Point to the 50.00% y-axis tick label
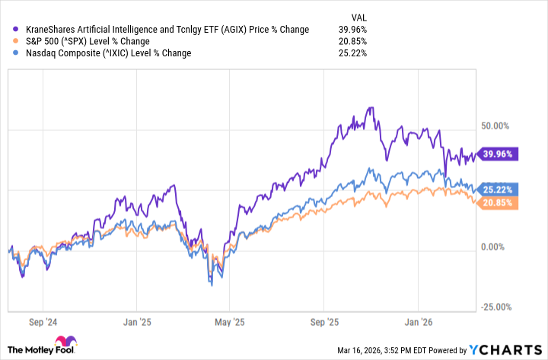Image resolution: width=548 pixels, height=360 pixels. coord(498,126)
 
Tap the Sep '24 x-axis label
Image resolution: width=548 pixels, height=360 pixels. coord(43,322)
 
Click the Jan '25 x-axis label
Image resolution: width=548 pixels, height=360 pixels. coord(136,322)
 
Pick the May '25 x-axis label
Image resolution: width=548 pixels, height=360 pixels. coord(231,322)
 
